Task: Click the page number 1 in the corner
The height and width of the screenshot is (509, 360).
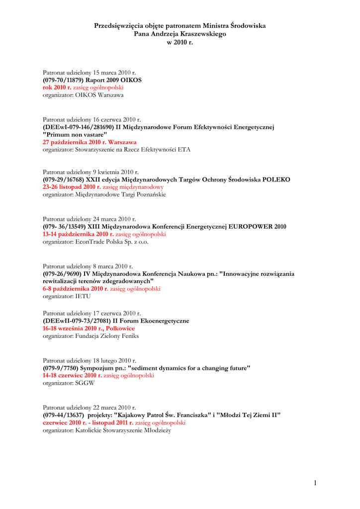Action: click(x=315, y=482)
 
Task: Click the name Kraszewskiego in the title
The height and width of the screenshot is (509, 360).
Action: click(x=200, y=34)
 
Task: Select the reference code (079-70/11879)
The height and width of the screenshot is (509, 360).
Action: click(x=63, y=80)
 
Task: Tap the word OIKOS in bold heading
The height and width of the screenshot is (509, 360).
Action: click(x=132, y=80)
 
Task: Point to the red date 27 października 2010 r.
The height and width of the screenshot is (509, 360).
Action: click(x=72, y=142)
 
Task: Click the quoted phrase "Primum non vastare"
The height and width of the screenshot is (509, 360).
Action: click(x=75, y=135)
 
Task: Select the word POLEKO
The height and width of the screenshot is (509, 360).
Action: click(x=276, y=179)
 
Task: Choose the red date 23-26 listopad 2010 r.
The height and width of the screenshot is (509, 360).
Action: click(x=72, y=187)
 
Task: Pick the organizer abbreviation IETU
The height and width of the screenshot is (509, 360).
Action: click(x=83, y=296)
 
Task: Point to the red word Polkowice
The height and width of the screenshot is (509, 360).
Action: click(x=120, y=329)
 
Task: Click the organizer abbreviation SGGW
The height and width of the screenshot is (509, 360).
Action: click(x=85, y=383)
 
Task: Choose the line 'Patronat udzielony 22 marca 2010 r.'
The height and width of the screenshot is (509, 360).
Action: click(x=89, y=408)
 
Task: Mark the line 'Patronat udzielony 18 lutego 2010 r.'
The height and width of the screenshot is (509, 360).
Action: click(x=90, y=360)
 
